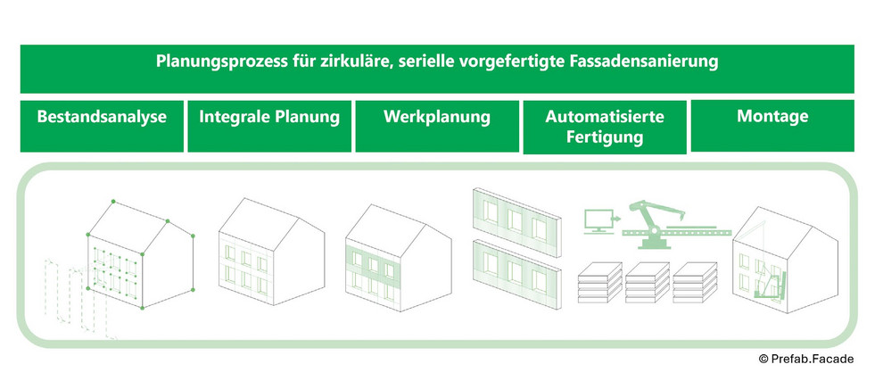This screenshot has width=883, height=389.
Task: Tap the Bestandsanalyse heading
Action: point(102,117)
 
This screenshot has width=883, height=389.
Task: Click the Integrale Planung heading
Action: point(269,117)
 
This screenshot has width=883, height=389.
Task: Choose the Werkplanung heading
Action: point(437,117)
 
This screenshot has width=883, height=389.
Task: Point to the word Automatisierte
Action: point(605,118)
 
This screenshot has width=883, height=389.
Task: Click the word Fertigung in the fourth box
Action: point(605,139)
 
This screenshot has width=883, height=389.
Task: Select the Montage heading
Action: point(772,116)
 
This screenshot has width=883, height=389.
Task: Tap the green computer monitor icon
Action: point(595,218)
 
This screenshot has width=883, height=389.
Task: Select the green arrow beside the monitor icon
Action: point(618,217)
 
